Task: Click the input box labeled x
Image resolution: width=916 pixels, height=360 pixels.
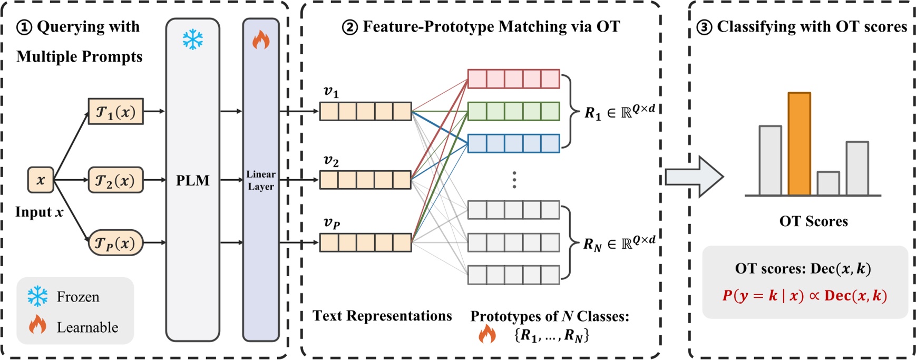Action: tap(41, 180)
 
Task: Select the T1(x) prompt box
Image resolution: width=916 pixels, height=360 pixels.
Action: tap(115, 111)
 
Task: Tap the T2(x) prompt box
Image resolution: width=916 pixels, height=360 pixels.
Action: tap(115, 180)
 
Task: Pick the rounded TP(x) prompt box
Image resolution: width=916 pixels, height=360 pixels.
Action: tap(115, 243)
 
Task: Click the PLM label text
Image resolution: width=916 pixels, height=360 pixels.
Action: tap(192, 180)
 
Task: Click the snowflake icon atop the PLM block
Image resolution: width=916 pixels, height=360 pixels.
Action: tap(192, 40)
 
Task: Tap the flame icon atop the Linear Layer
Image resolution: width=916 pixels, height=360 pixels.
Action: tap(260, 40)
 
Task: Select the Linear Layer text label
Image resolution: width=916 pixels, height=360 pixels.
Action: tap(260, 180)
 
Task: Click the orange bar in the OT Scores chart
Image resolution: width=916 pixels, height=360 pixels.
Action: tap(799, 144)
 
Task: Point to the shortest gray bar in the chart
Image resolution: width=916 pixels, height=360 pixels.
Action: tap(828, 183)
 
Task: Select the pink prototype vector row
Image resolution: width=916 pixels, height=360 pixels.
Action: tap(513, 79)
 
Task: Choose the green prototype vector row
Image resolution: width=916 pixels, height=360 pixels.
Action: tap(513, 111)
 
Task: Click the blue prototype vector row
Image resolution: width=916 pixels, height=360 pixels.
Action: tap(513, 143)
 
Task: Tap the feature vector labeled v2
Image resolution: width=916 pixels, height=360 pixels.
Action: tap(365, 180)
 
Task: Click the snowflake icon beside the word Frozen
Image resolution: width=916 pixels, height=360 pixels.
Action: tap(37, 297)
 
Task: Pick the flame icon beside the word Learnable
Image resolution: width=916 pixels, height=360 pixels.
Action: tap(37, 325)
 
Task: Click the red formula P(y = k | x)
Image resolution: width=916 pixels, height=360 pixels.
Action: tap(763, 296)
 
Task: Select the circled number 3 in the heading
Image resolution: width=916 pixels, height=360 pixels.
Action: tap(704, 27)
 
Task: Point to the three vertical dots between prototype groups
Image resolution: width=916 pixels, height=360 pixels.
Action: tap(514, 180)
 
